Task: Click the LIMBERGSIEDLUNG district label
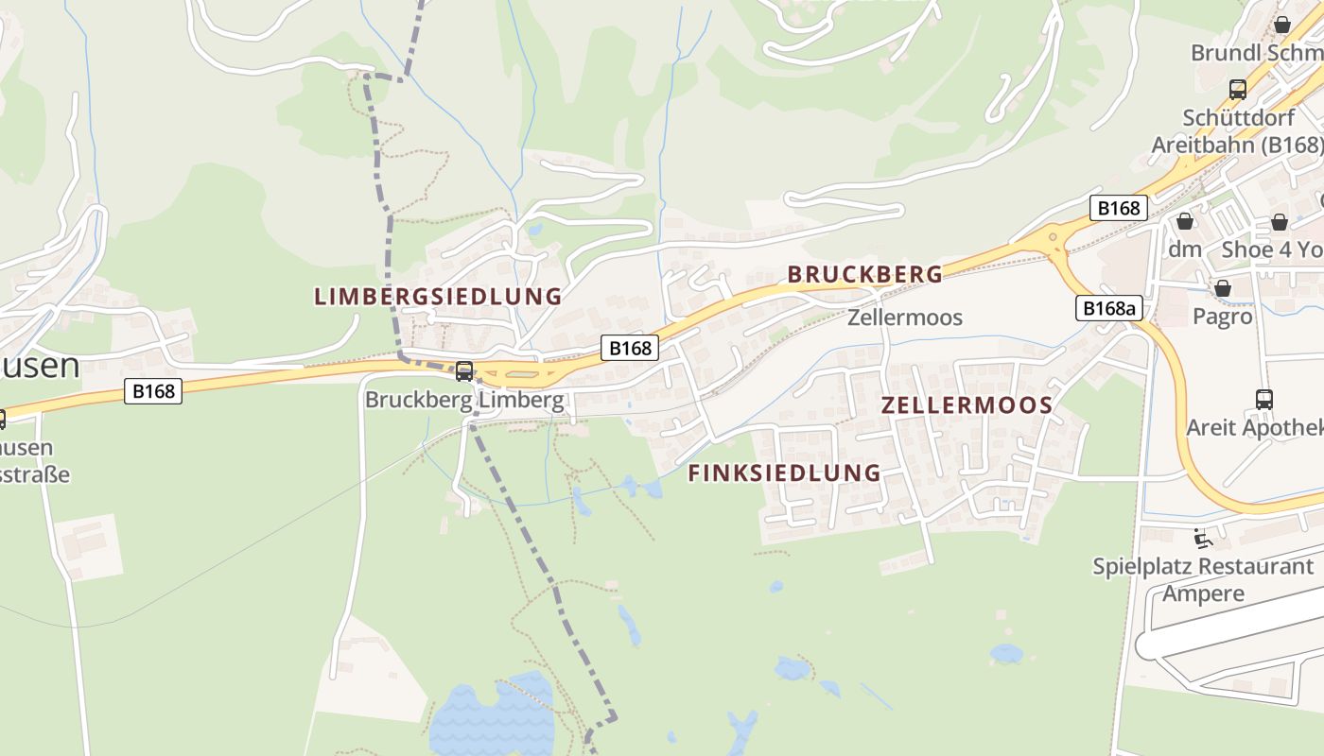[x=438, y=296]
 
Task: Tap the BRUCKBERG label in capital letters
[x=865, y=274]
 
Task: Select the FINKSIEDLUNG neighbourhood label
[x=784, y=472]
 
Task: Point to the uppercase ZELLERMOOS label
[x=967, y=405]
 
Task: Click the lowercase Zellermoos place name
[x=904, y=318]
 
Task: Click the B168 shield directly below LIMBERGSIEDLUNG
[x=630, y=348]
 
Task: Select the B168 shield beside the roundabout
[x=1118, y=208]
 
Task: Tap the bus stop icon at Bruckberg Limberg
[x=463, y=371]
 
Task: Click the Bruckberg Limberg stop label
[x=463, y=400]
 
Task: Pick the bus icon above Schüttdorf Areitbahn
[x=1237, y=91]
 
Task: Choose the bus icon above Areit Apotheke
[x=1263, y=400]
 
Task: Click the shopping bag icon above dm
[x=1184, y=222]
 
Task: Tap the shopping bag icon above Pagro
[x=1222, y=288]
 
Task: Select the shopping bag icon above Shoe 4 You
[x=1279, y=222]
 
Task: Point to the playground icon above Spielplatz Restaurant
[x=1203, y=539]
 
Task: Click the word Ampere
[x=1203, y=593]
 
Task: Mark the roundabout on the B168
[x=1052, y=239]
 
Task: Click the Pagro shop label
[x=1222, y=317]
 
